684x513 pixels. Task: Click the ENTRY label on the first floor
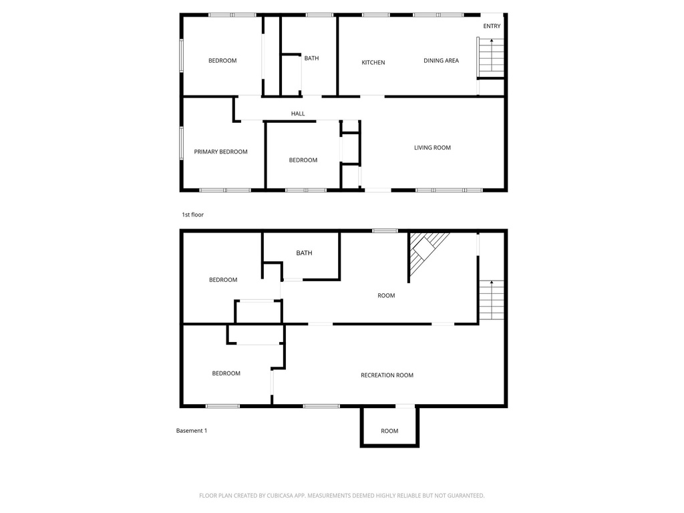(x=492, y=26)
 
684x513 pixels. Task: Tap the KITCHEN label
(x=373, y=63)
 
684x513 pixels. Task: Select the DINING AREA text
(x=441, y=61)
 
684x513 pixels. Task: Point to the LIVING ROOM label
(x=432, y=148)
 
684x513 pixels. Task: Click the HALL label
(x=298, y=114)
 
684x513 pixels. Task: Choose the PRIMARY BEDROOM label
(x=220, y=152)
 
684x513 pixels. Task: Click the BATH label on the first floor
(x=311, y=58)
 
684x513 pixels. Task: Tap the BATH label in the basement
(x=304, y=253)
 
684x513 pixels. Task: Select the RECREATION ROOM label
(x=387, y=375)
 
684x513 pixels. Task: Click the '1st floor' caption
(x=192, y=215)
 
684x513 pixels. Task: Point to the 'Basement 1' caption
(x=192, y=431)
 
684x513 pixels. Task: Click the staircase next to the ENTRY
(x=490, y=57)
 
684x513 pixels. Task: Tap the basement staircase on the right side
(x=490, y=301)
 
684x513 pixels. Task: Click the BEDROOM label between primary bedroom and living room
(x=303, y=160)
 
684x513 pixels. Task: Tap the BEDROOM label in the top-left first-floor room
(x=222, y=61)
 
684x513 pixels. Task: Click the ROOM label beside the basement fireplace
(x=386, y=295)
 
